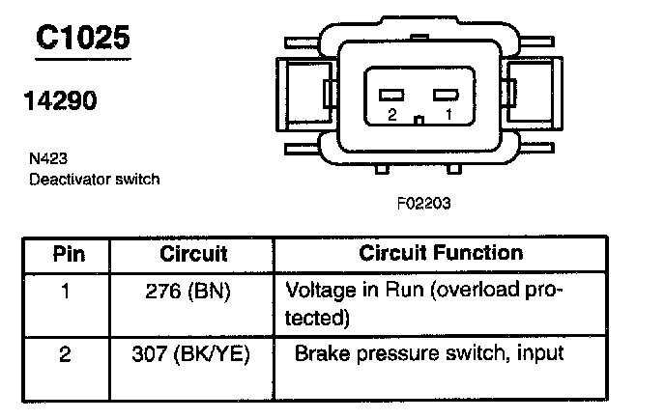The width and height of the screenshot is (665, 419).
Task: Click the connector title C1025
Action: click(82, 39)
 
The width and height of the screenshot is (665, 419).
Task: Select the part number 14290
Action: click(60, 100)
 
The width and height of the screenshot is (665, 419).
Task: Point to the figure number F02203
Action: click(423, 204)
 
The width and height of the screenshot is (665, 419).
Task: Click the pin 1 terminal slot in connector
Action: click(444, 96)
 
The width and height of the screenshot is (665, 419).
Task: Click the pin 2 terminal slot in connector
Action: click(391, 96)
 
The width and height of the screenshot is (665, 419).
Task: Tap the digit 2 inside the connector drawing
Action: click(391, 115)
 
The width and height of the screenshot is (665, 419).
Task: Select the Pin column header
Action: click(68, 255)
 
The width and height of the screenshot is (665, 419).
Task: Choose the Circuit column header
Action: click(193, 255)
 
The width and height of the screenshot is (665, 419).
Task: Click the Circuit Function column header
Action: click(441, 254)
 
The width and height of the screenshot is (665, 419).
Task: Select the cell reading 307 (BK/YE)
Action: click(191, 354)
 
